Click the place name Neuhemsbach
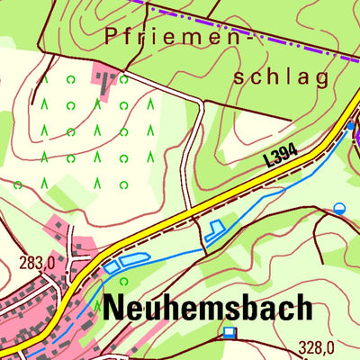(208, 307)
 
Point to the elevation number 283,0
(37, 263)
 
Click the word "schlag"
(281, 77)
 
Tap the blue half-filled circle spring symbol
(339, 208)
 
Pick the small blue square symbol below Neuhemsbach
(229, 332)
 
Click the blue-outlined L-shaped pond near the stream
(215, 230)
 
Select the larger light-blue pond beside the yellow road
(130, 261)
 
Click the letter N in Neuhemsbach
(114, 307)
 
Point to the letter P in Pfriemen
(111, 37)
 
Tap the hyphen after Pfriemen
(252, 39)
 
